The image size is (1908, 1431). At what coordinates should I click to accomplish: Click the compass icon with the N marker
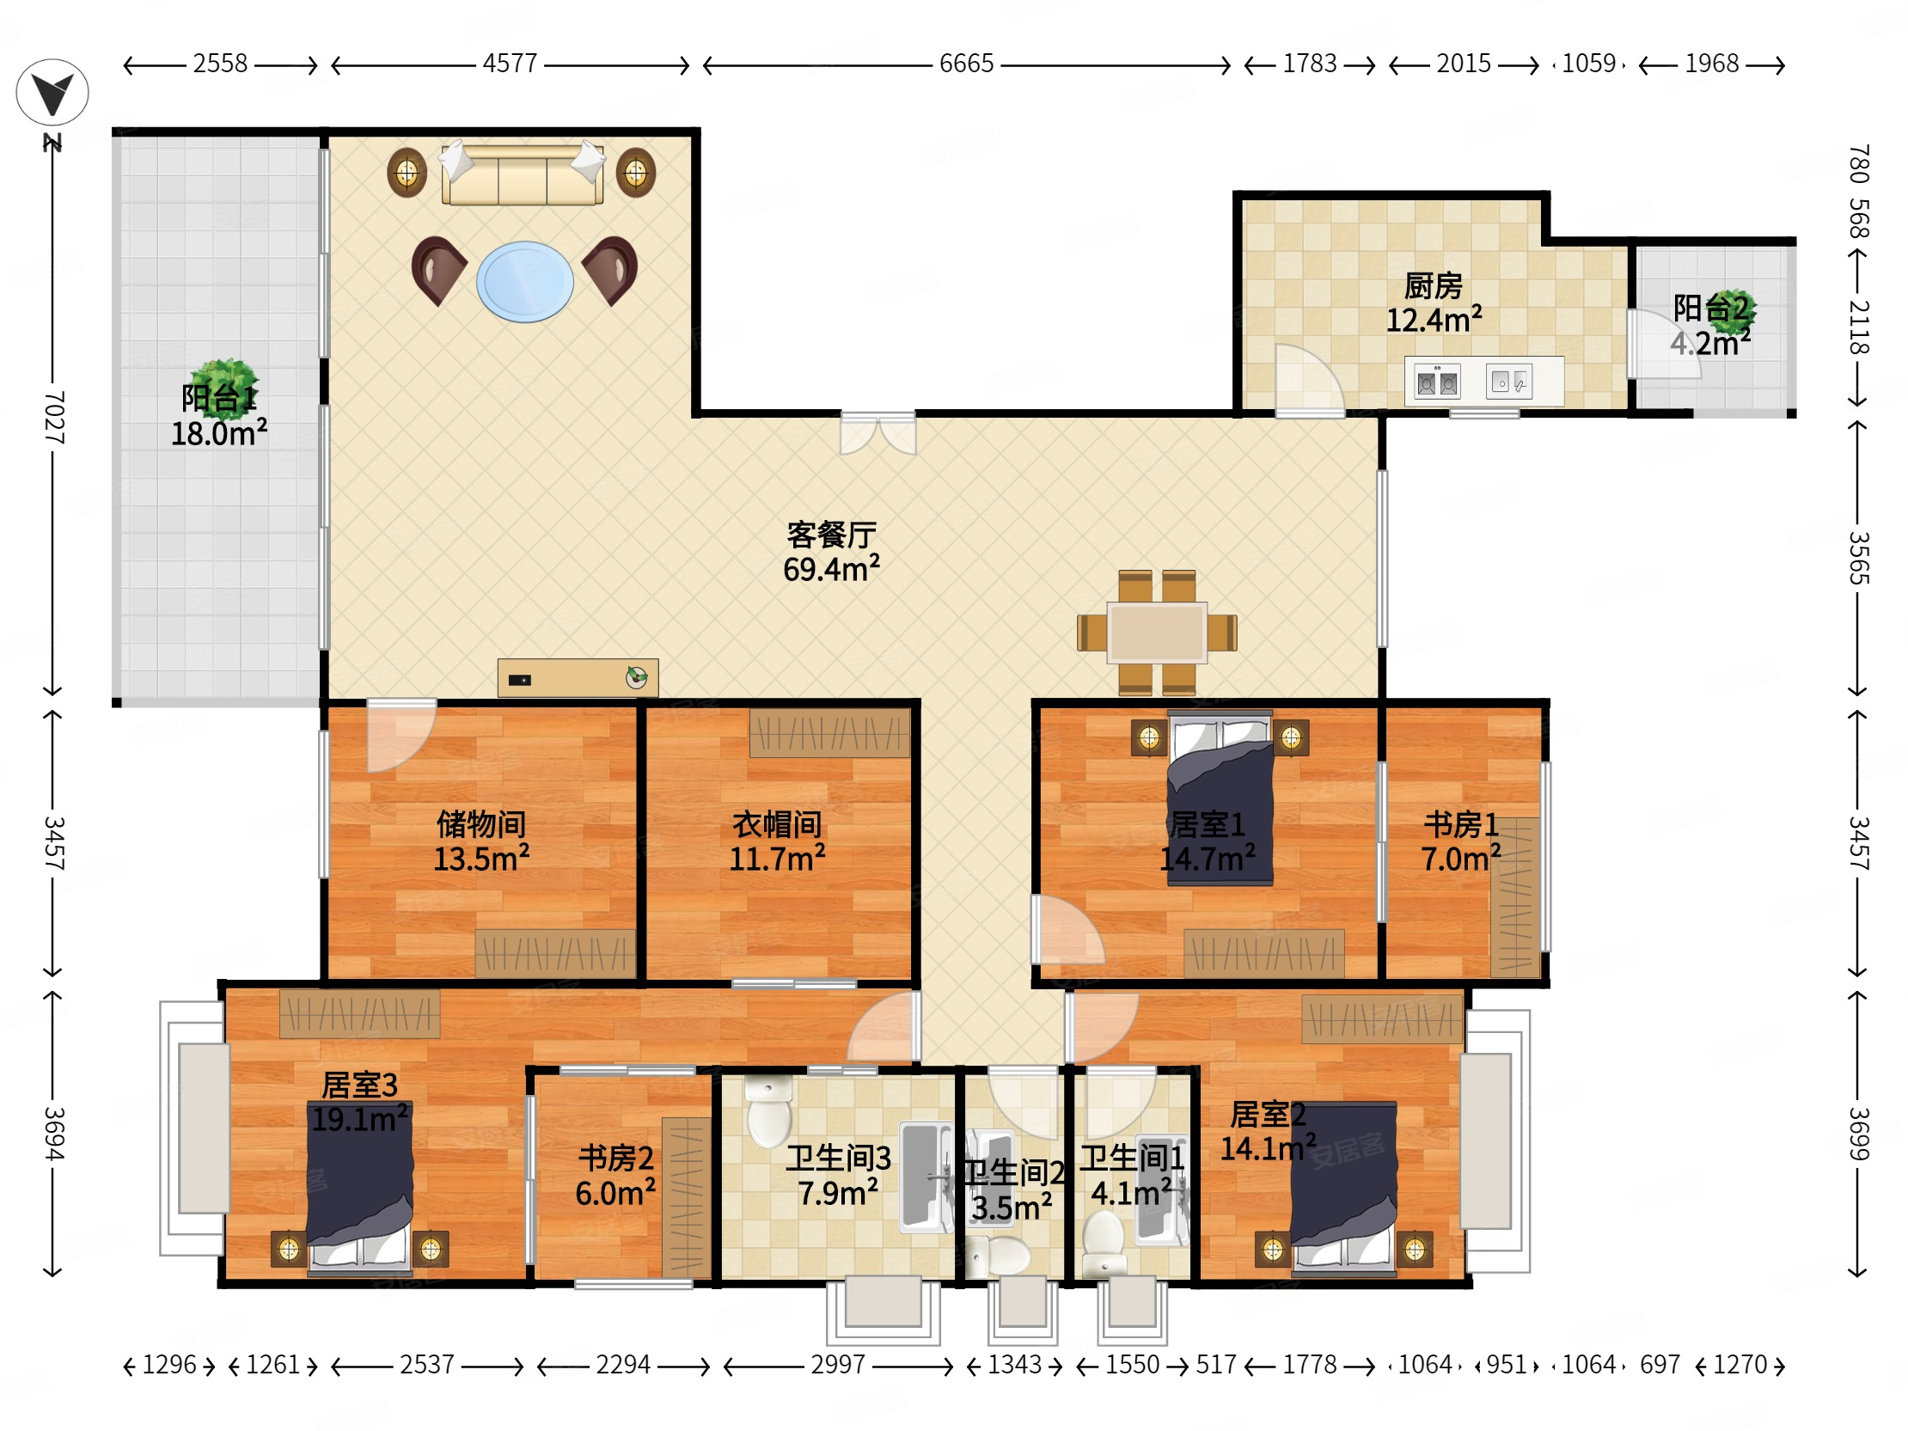tap(52, 92)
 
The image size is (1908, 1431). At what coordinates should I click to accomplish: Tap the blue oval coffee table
tap(524, 281)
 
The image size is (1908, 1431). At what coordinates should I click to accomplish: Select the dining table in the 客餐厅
tap(1157, 633)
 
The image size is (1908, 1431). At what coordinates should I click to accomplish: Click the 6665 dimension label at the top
tap(966, 64)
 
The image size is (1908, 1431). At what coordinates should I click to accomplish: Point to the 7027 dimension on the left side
tap(53, 418)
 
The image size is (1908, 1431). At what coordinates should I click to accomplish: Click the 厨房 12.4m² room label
tap(1434, 303)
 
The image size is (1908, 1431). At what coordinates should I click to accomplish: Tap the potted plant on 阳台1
tap(223, 389)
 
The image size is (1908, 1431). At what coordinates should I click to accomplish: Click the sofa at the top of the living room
tap(522, 174)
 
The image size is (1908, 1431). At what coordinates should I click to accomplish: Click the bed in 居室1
tap(1220, 798)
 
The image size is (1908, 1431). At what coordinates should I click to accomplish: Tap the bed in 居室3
tap(360, 1188)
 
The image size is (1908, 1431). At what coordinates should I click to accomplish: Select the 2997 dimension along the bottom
tap(838, 1365)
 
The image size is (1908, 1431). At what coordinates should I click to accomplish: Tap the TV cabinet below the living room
tap(578, 678)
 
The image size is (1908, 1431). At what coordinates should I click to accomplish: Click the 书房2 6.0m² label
tap(615, 1175)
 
